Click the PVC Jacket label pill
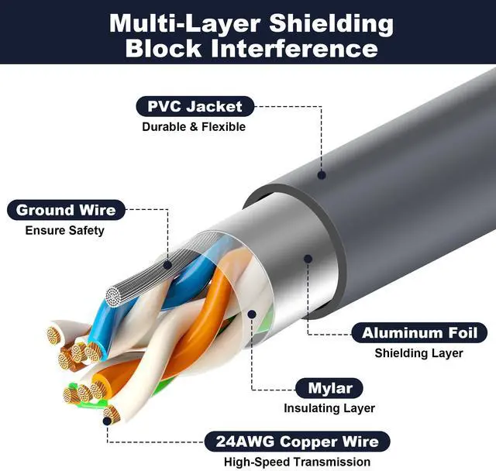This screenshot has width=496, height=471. click(x=189, y=107)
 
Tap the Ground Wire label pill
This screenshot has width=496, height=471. click(x=66, y=210)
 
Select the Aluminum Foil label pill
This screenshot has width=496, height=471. click(x=420, y=333)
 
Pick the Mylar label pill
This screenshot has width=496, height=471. click(x=330, y=387)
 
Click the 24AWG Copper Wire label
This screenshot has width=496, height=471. click(x=291, y=442)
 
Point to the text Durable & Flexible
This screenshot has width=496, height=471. click(x=193, y=126)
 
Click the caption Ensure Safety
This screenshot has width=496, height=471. click(x=64, y=230)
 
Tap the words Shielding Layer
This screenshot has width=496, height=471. click(x=418, y=353)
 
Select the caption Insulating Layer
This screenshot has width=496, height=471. click(x=329, y=407)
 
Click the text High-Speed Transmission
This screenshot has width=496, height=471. click(x=291, y=462)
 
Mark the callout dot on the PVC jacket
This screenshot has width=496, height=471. click(x=322, y=176)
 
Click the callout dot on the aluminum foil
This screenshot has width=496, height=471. click(x=308, y=260)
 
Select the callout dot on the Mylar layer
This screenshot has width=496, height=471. click(x=252, y=314)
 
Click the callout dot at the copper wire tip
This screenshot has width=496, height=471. click(x=106, y=421)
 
